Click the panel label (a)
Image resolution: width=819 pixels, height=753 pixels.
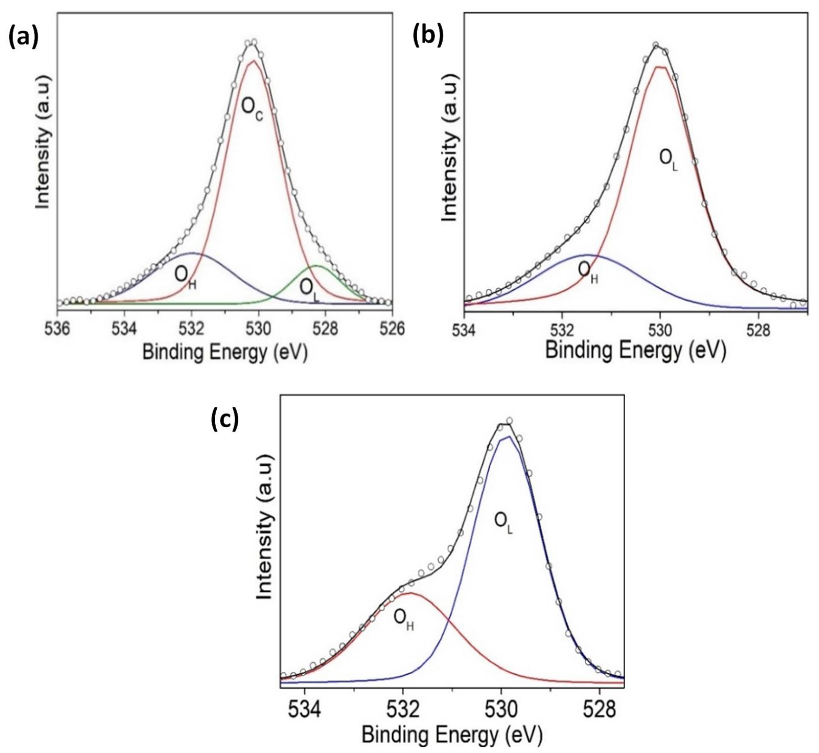23,38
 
